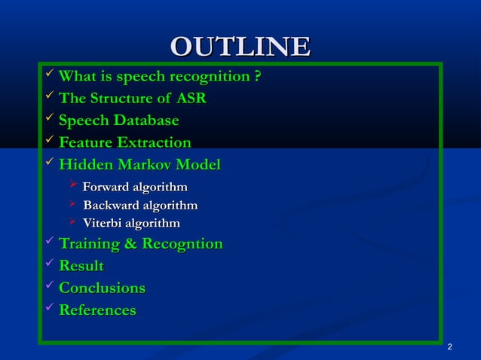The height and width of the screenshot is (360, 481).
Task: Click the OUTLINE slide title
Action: tap(240, 47)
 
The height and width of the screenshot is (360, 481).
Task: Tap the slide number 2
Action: tap(449, 347)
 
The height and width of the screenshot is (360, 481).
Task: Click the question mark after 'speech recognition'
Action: tap(258, 77)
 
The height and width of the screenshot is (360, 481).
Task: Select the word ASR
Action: tap(191, 99)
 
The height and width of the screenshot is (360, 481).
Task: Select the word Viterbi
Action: tap(103, 223)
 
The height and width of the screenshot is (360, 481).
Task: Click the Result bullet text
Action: tap(81, 266)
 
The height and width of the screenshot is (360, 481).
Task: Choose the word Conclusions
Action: tap(102, 288)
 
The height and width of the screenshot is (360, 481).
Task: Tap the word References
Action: tap(97, 310)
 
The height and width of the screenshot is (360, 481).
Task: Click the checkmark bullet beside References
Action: tap(49, 309)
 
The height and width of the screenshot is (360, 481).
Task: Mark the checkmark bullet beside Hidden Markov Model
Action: tap(49, 163)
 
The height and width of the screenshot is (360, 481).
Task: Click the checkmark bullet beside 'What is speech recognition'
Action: tap(49, 75)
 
